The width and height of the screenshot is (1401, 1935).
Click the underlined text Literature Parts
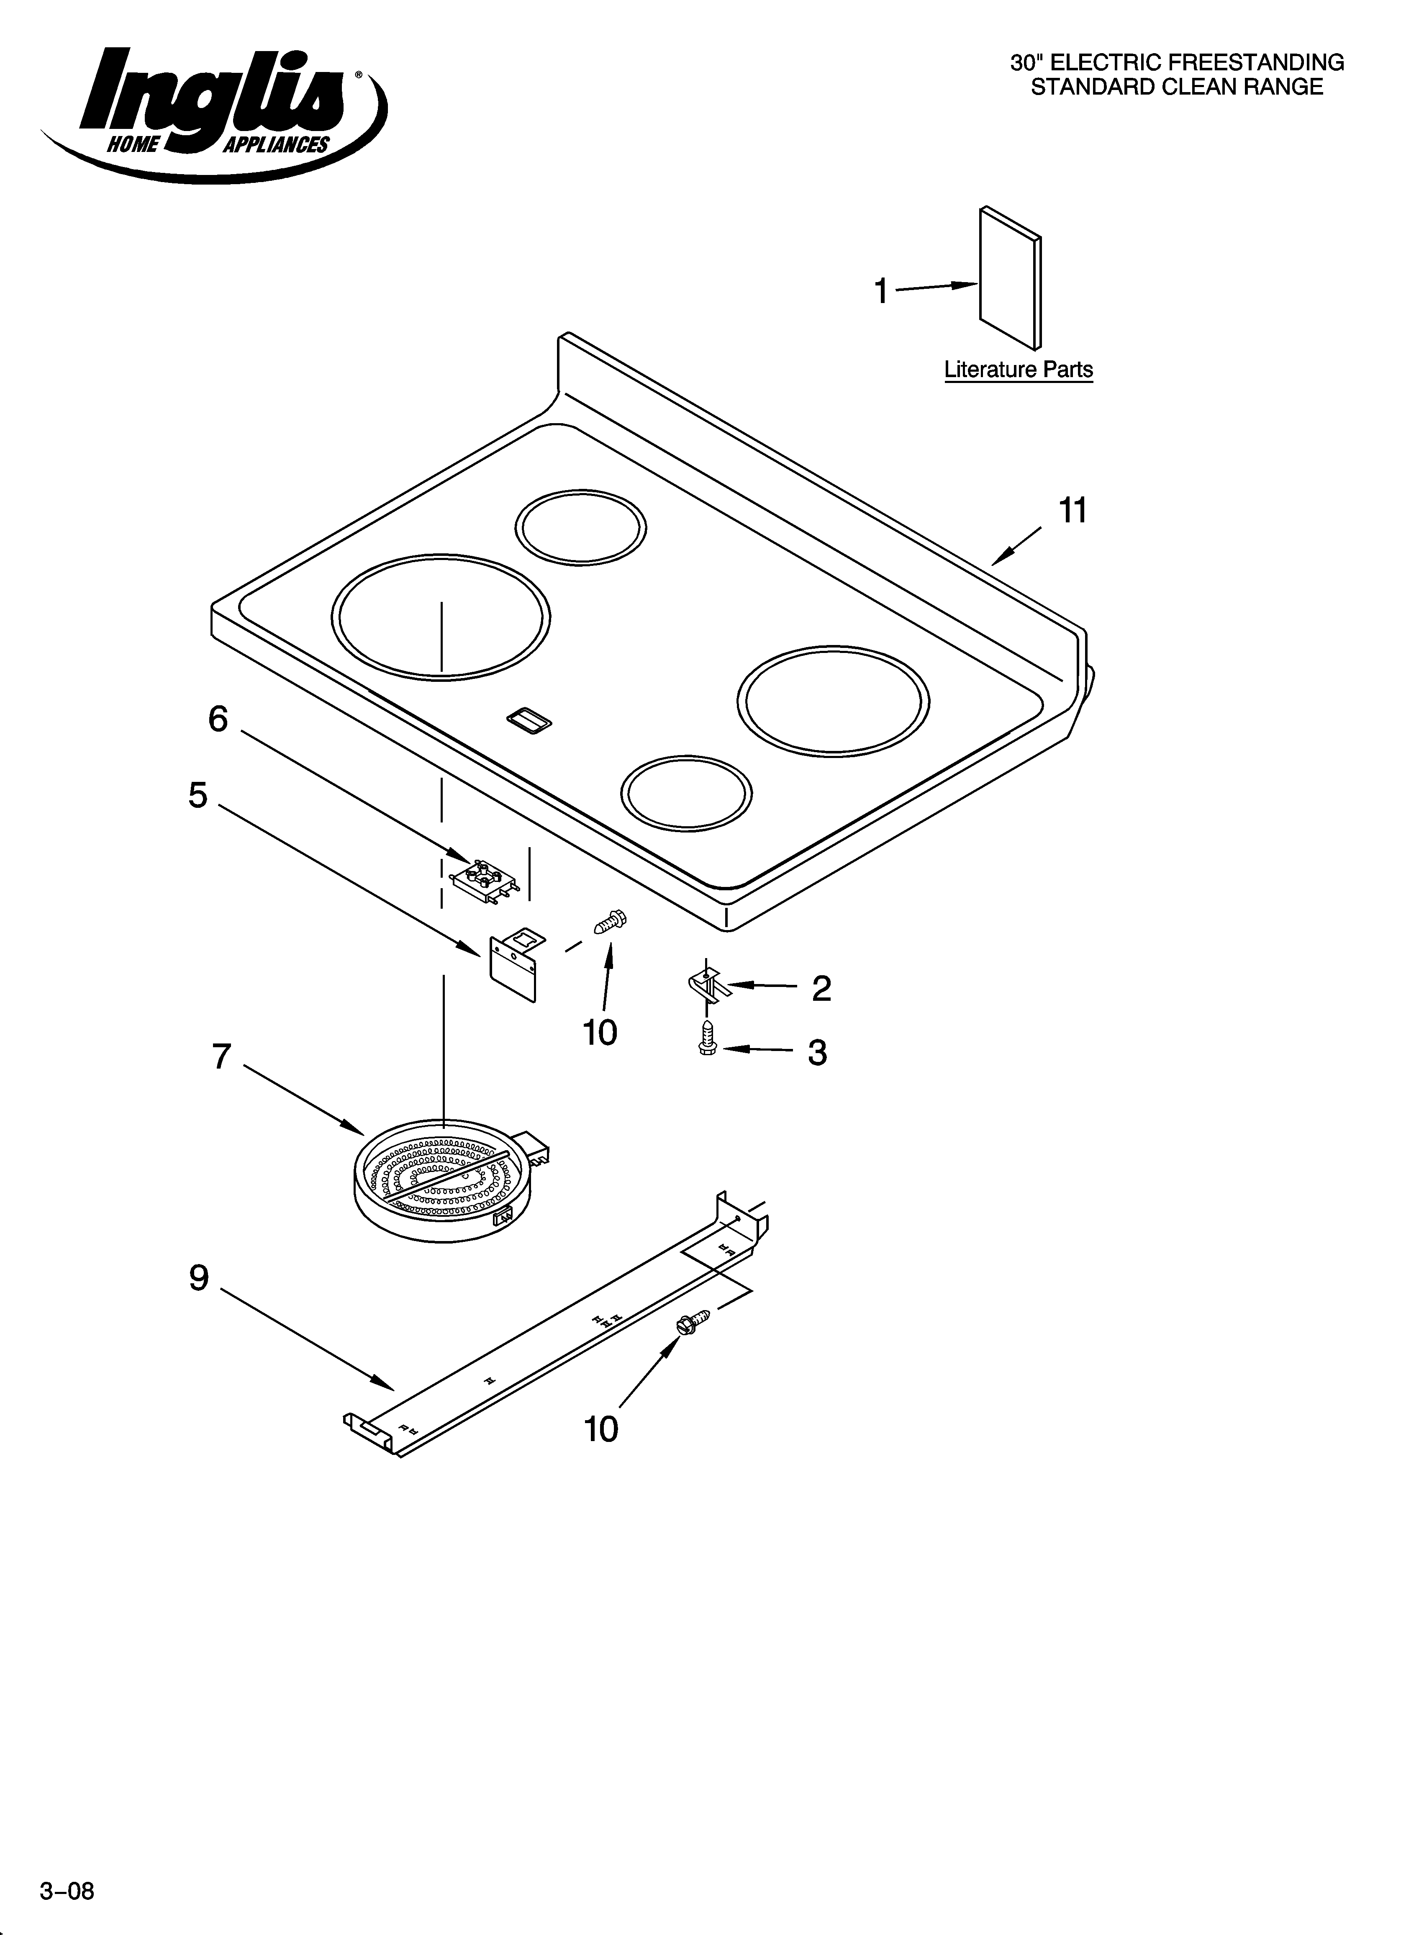click(1018, 370)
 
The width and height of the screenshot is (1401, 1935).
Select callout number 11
click(1073, 510)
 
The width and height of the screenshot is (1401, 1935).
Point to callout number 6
click(218, 719)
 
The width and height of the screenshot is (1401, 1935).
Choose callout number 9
click(199, 1277)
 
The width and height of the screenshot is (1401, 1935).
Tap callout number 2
click(821, 988)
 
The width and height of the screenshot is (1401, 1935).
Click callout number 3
click(817, 1053)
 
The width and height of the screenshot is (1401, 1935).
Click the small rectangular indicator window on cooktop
click(529, 721)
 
